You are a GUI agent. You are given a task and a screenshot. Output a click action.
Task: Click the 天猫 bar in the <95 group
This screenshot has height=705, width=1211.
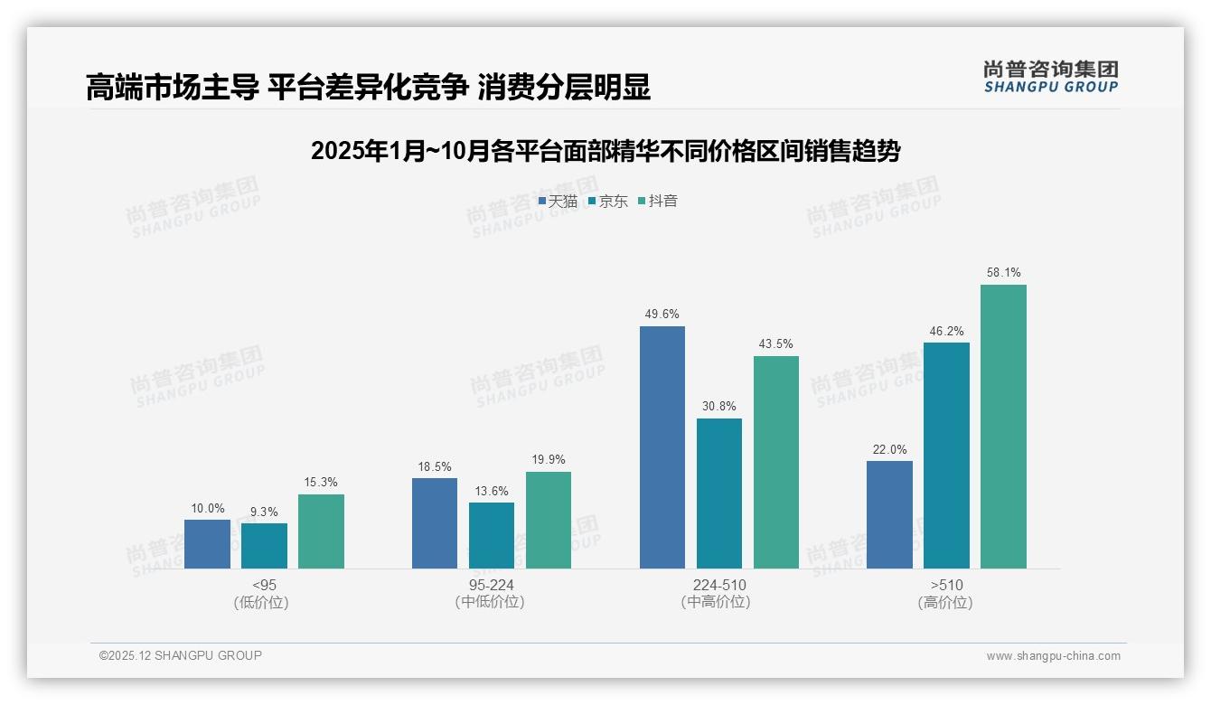tap(207, 544)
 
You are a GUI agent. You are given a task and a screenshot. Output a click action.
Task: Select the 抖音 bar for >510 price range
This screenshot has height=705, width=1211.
tap(1003, 427)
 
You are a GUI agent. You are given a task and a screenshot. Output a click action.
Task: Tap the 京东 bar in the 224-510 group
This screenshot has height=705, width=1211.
tap(718, 493)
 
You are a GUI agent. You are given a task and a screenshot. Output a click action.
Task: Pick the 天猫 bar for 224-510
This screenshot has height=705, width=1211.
tap(662, 447)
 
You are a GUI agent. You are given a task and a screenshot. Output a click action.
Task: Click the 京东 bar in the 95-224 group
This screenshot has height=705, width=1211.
tap(492, 535)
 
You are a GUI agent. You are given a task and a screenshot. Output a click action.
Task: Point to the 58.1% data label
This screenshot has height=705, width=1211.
tap(1004, 272)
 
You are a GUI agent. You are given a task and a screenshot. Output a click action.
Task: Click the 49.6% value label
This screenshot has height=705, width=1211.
tap(662, 314)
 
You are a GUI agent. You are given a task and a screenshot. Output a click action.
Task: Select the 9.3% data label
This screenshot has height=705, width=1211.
tap(264, 512)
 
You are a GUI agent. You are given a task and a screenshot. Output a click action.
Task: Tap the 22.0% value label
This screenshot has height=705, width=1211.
tap(889, 449)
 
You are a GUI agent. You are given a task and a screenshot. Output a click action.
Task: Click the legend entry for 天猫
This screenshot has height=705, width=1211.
tap(558, 201)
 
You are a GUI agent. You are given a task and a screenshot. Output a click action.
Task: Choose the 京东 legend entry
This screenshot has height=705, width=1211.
tap(607, 201)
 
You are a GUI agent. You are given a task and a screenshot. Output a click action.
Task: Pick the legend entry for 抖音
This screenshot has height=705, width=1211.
tap(658, 201)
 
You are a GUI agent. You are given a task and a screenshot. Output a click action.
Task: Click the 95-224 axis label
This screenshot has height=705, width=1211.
tap(491, 585)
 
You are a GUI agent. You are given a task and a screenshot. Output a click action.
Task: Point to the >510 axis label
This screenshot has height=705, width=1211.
tap(946, 585)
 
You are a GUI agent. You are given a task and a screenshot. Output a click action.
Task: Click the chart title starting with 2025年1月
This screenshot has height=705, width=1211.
tap(605, 151)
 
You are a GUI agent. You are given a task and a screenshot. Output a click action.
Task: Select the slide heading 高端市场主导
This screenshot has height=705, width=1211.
tap(368, 88)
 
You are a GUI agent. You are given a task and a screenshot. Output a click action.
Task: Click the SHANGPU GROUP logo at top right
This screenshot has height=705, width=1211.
tap(1050, 77)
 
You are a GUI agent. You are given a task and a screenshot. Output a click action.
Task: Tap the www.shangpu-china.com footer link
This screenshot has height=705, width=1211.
tap(1053, 656)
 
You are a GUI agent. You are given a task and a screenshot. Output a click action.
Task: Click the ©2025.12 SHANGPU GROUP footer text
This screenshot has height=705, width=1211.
tap(181, 655)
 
